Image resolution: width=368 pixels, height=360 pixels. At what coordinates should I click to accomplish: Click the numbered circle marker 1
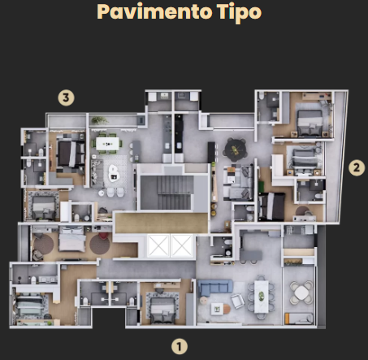180,346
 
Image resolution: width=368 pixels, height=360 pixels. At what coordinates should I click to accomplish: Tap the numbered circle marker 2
357,167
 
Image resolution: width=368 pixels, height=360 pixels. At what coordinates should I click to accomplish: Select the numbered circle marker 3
66,98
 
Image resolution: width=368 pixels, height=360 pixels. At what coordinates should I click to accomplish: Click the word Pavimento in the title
154,12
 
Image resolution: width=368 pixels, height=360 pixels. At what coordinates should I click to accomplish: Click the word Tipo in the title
239,13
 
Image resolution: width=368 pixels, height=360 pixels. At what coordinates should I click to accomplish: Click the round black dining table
236,150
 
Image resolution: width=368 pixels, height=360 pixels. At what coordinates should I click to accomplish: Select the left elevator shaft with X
158,245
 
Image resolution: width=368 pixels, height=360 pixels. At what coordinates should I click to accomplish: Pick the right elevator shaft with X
182,245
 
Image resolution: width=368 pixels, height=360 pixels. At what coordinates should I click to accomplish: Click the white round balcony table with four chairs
301,293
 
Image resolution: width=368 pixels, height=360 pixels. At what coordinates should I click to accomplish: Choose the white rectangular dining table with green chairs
107,144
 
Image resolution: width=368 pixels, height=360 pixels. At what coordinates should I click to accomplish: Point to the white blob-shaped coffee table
114,173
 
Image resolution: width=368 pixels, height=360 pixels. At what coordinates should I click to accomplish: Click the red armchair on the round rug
103,236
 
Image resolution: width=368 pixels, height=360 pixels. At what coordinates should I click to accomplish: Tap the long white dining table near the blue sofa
262,297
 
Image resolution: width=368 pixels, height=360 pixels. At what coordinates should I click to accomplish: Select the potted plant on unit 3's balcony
100,120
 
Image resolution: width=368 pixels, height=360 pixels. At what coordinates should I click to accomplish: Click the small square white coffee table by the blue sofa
217,309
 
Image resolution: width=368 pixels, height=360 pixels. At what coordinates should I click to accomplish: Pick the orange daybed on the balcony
298,319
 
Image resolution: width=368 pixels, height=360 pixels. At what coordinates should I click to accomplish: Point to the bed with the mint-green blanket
29,306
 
